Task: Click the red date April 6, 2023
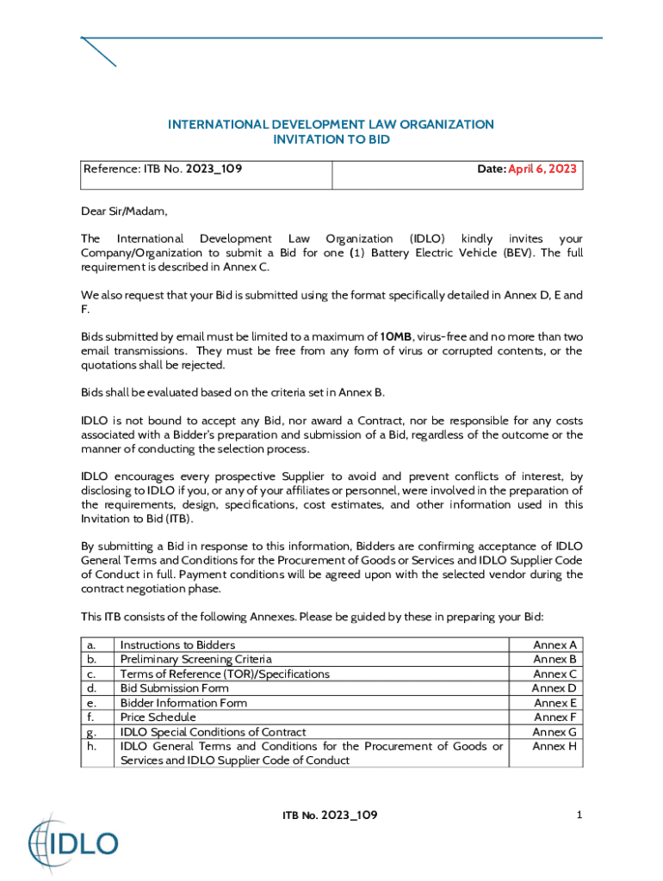pos(542,169)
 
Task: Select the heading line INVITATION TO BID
pos(331,139)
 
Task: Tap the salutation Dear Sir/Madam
pos(124,212)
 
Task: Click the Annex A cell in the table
pos(555,645)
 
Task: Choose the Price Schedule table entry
pos(158,718)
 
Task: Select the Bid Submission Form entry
pos(174,688)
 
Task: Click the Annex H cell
pos(555,746)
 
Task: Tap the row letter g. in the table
pos(92,732)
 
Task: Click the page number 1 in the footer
pos(580,815)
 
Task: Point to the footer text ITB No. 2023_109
pos(331,815)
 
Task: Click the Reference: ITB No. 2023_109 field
pos(162,169)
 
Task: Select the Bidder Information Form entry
pos(183,703)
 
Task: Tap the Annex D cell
pos(554,688)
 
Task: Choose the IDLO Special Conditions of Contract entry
pos(213,732)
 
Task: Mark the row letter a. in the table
pos(92,645)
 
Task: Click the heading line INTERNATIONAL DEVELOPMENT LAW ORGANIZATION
pos(331,125)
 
